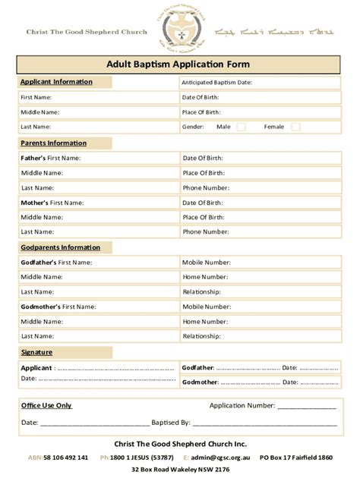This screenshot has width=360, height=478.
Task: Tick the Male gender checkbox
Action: [241, 127]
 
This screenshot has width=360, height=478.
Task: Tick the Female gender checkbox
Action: [295, 127]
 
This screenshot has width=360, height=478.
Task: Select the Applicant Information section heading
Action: [56, 82]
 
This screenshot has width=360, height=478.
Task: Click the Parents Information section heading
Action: [53, 143]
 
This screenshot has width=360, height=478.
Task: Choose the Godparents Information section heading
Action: [60, 247]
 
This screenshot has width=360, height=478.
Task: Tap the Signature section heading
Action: [36, 352]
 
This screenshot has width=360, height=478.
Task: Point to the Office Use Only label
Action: [46, 405]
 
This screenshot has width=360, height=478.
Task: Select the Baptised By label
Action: [171, 422]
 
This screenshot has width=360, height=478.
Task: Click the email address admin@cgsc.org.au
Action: [220, 458]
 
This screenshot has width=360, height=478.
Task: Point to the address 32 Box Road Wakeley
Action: [180, 470]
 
